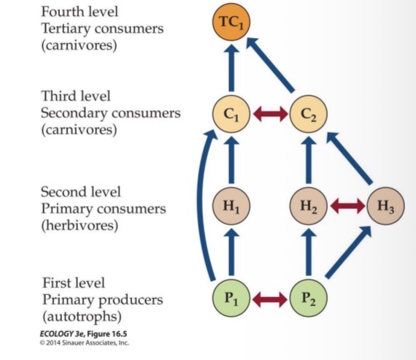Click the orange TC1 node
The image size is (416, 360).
point(231,24)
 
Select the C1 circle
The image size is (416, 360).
point(231,115)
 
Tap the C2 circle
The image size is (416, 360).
point(309,115)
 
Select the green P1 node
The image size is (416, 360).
point(231,299)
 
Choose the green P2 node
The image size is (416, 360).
point(309,299)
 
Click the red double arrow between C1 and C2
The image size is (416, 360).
point(270,115)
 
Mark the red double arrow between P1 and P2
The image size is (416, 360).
point(270,299)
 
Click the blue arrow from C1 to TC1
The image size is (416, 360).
point(231,69)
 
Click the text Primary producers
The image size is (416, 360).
point(102,300)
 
